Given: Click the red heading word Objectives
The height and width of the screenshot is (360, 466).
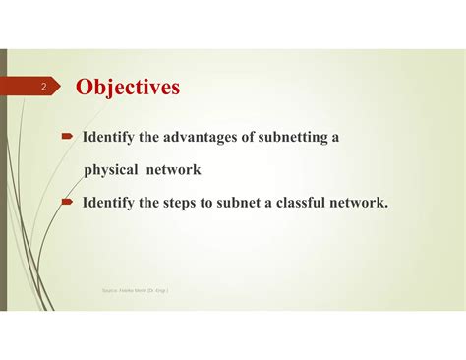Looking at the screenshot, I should point(128,88).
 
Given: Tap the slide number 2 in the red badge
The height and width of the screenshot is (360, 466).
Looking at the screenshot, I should point(44,89).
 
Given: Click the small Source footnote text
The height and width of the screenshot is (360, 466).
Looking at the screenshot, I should point(142,290).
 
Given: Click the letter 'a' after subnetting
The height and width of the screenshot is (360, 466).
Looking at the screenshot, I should point(335,137).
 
